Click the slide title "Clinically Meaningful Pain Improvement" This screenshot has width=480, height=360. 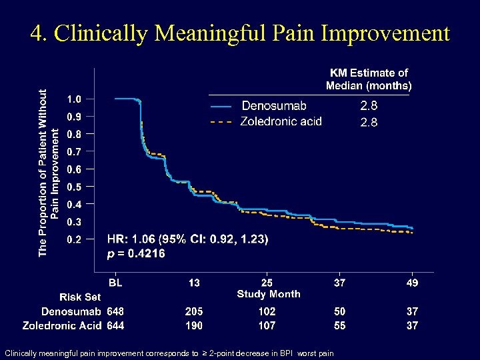[x=240, y=33]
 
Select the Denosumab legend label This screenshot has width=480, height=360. [x=274, y=105]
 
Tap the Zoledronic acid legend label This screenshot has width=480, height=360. [x=281, y=121]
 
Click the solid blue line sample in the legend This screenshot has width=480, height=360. [x=221, y=106]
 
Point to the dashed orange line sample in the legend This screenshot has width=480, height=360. [x=221, y=122]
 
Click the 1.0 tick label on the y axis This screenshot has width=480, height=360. [x=74, y=99]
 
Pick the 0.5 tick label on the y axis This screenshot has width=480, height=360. [x=74, y=187]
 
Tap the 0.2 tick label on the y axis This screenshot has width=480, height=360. [x=74, y=239]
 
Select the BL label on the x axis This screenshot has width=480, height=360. [x=115, y=283]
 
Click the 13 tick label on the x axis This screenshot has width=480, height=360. [x=194, y=283]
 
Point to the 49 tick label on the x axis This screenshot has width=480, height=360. [x=412, y=283]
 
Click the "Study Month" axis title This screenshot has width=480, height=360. [x=269, y=294]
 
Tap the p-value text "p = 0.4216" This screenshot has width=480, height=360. [x=137, y=253]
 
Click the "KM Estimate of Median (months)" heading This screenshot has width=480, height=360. [x=369, y=79]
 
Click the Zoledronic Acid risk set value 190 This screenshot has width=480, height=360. [x=194, y=325]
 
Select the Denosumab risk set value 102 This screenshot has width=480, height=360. [x=267, y=311]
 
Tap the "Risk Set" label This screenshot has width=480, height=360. [x=80, y=297]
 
